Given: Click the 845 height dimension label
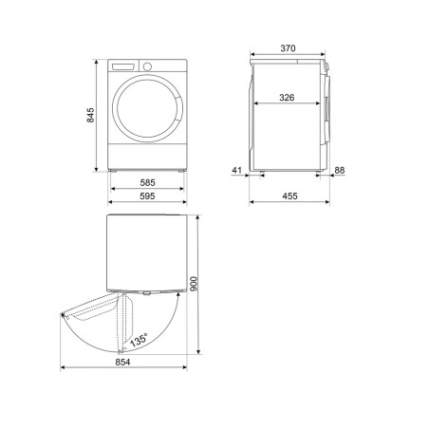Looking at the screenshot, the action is click(x=90, y=115).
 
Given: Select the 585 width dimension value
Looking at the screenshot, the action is click(x=147, y=182).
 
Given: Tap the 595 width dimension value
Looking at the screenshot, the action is click(x=147, y=196).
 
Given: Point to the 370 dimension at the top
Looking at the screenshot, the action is click(x=288, y=48).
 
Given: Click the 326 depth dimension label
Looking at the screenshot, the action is click(x=287, y=98).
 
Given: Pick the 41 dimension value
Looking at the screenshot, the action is click(x=237, y=170).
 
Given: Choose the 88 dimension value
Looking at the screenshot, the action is click(x=340, y=170).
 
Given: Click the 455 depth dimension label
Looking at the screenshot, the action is click(x=289, y=196).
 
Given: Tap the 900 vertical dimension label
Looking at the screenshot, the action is click(x=194, y=284).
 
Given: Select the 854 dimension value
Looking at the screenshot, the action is click(x=122, y=363).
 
